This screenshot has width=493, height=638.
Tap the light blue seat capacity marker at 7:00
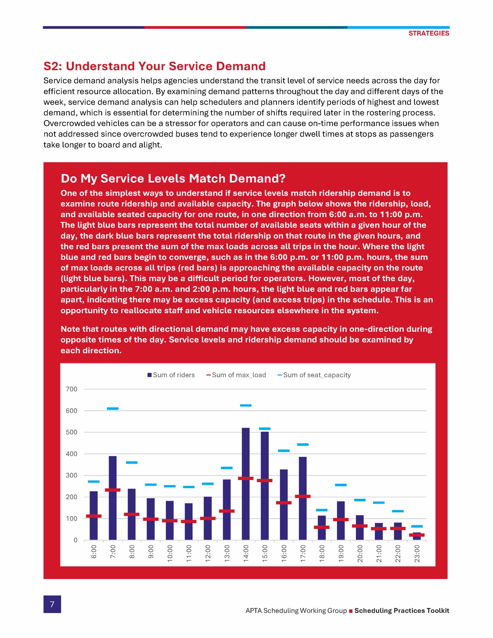click(x=112, y=408)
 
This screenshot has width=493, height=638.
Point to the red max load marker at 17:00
click(x=303, y=496)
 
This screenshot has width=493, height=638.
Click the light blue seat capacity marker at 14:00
click(x=245, y=405)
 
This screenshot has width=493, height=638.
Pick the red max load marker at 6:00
click(x=93, y=516)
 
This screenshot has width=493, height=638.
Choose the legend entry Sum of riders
click(x=171, y=375)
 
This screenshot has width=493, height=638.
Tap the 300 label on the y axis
click(x=71, y=475)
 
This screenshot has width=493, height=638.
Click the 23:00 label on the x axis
click(x=417, y=553)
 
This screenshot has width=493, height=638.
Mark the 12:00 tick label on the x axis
click(x=208, y=553)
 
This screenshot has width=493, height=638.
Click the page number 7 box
click(x=52, y=604)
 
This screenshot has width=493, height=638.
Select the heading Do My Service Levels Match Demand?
click(x=173, y=178)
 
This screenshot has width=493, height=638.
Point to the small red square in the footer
click(x=351, y=611)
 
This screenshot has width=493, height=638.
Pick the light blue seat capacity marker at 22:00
click(x=398, y=511)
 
